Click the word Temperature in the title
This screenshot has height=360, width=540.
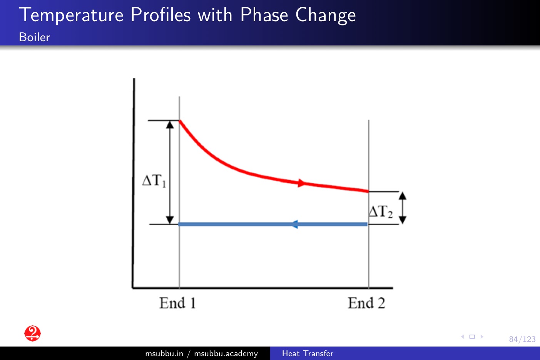(71, 15)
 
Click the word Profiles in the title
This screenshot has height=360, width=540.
(160, 15)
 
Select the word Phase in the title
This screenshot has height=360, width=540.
(264, 15)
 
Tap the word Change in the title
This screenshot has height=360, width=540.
(326, 15)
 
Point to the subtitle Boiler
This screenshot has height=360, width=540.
(35, 37)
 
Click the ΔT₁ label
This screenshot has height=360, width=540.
(154, 181)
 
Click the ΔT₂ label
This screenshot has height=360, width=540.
(381, 211)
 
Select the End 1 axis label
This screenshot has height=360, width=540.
(177, 303)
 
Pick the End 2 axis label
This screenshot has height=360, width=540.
(366, 303)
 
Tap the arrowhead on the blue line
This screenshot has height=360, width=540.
(295, 224)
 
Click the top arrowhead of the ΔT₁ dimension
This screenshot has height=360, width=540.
(170, 125)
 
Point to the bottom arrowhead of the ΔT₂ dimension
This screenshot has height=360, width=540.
(402, 220)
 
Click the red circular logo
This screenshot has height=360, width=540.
(33, 333)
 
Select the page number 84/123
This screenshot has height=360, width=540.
(522, 339)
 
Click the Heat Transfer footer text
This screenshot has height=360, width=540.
(308, 353)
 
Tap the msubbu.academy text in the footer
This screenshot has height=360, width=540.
(226, 353)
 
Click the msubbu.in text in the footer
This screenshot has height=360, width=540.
(164, 353)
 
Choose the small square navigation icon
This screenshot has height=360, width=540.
(472, 337)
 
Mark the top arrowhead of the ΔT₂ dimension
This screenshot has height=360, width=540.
(402, 196)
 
